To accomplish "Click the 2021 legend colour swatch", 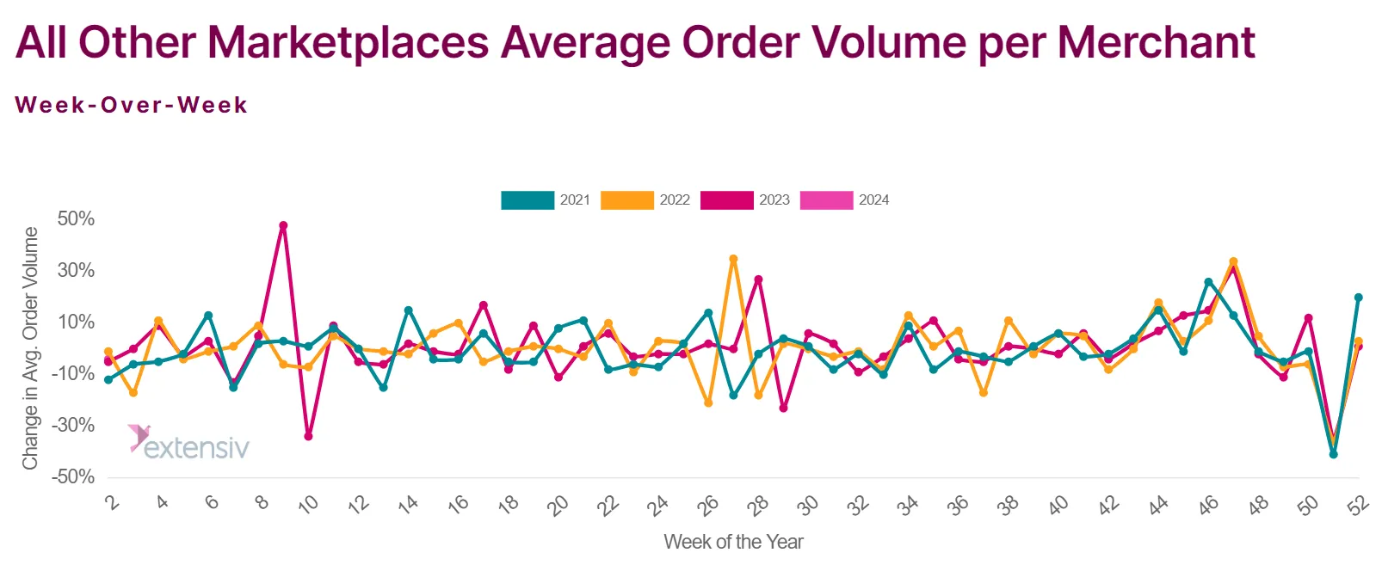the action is point(528,200).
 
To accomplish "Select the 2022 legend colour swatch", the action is point(626,200).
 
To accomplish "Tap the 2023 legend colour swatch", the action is point(727,200).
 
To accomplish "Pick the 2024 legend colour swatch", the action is point(827,200).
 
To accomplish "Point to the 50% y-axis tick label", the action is point(76,219).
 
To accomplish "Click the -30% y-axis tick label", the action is point(73,425).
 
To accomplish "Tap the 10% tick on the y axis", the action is point(76,322).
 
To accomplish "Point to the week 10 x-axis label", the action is point(307,505).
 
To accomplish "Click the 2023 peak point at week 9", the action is point(283,226).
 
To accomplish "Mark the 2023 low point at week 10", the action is point(308,437).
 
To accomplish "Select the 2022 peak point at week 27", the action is point(733,259).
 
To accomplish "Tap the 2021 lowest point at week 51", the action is point(1333,455).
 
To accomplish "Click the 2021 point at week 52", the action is point(1359,298).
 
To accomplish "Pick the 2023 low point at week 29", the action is point(784,408).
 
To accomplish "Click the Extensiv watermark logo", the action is point(188,442).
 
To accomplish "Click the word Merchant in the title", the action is point(1157,42).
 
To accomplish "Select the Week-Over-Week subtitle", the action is point(132,105).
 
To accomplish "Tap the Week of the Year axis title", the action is point(733,542).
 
